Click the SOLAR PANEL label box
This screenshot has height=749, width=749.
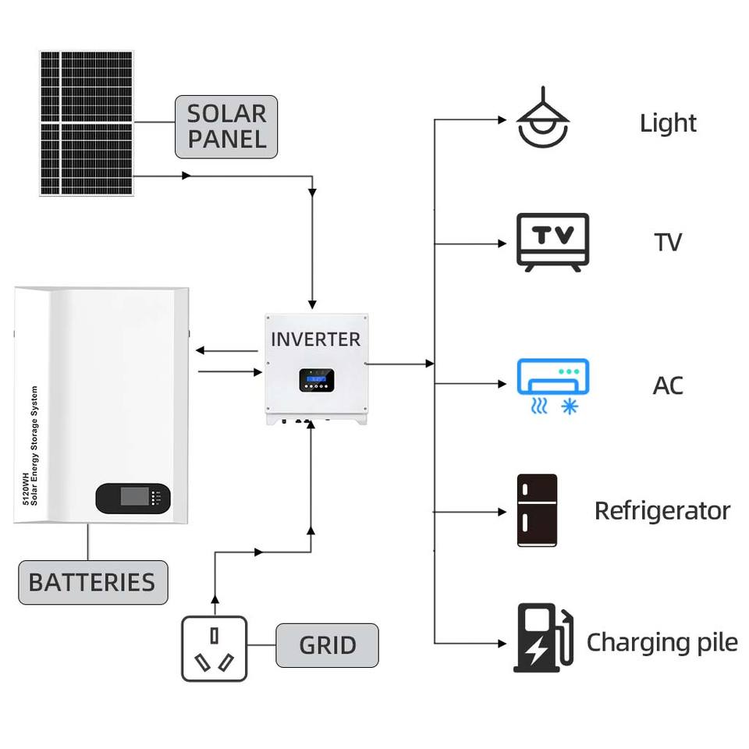[x=226, y=126]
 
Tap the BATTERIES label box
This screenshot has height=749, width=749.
[x=92, y=582]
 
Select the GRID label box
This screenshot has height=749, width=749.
[x=327, y=645]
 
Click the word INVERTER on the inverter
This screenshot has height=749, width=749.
[x=315, y=339]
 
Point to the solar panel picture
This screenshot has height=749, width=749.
[x=87, y=123]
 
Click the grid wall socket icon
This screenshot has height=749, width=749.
[x=214, y=648]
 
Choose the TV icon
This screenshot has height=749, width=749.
[x=553, y=242]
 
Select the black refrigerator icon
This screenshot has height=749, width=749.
[x=537, y=511]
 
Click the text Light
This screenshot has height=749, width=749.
[x=668, y=123]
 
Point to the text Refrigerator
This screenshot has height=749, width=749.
[x=662, y=511]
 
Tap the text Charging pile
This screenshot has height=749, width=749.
[x=662, y=643]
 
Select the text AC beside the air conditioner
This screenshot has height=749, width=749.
[x=668, y=385]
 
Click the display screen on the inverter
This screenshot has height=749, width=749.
[x=315, y=382]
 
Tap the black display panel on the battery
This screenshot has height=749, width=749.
[x=133, y=499]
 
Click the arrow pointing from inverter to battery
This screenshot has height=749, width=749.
[x=226, y=351]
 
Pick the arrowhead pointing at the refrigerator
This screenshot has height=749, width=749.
[x=502, y=513]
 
